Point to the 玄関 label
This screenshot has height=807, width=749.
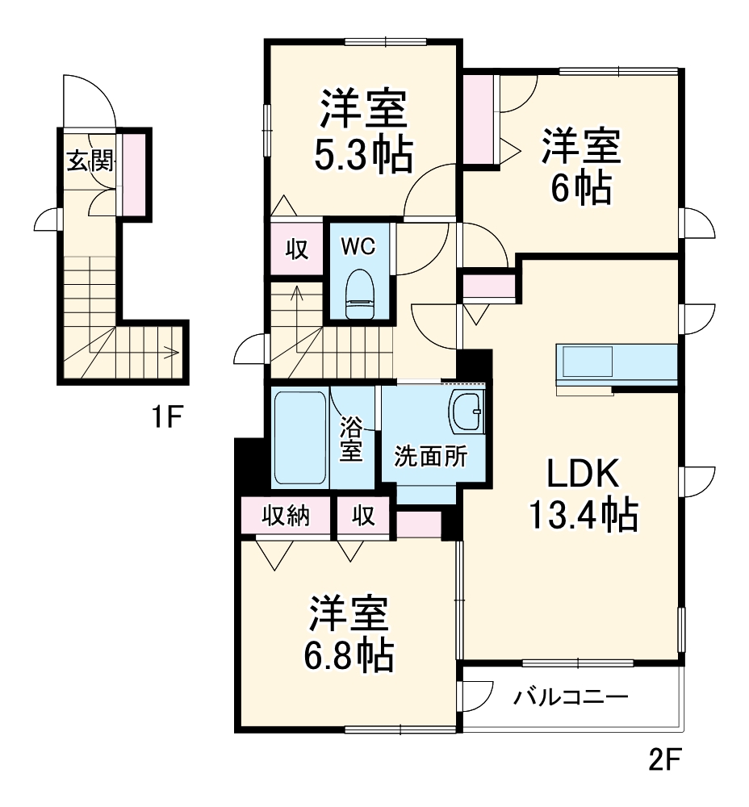(x=89, y=161)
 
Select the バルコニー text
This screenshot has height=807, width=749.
(x=571, y=696)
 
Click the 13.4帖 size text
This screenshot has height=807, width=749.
(x=583, y=514)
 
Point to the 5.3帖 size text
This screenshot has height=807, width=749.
(x=363, y=154)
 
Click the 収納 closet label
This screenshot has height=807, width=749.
(x=286, y=515)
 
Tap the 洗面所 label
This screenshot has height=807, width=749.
(x=430, y=457)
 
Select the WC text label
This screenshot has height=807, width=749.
(x=357, y=247)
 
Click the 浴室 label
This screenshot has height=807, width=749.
(x=351, y=439)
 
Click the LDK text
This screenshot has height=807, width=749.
(x=584, y=475)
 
